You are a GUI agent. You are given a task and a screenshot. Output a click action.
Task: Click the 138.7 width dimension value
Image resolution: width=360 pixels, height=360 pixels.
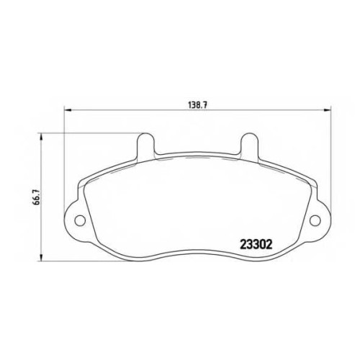(x=197, y=105)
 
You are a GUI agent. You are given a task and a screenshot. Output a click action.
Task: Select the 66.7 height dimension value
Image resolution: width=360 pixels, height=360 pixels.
(x=37, y=197)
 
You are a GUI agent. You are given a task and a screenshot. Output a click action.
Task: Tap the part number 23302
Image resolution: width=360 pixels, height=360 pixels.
(x=256, y=245)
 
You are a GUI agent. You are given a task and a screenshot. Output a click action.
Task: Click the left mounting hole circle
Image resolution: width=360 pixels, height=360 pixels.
(x=80, y=220)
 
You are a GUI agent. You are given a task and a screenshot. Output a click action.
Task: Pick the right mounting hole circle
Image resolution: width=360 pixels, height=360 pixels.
(x=315, y=220)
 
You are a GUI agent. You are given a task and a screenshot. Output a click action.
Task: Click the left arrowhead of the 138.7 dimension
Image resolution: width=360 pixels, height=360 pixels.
(x=68, y=110)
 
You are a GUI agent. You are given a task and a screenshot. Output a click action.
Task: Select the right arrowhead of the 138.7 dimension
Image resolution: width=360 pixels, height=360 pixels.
(x=327, y=110)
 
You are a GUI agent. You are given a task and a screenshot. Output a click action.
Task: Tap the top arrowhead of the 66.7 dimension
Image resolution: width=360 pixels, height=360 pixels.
(x=42, y=137)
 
